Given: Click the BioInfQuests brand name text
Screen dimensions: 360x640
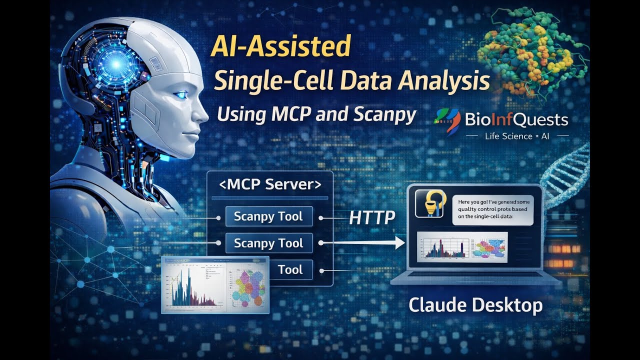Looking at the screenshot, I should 516,120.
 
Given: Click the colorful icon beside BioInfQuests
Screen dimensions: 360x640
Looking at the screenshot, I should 447,121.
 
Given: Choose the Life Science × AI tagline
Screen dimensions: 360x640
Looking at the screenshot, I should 516,136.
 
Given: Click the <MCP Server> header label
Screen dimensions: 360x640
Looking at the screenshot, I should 270,184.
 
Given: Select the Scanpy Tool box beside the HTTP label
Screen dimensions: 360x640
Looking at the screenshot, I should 268,216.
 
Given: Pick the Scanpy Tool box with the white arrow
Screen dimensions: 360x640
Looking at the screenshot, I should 268,243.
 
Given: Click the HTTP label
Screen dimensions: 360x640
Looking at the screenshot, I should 372,217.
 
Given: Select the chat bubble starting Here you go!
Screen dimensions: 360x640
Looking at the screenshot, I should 493,209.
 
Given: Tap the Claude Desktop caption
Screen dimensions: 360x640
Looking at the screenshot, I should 475,304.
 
